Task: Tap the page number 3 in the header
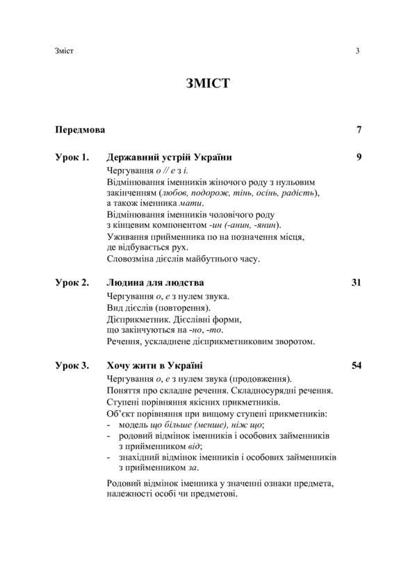357,51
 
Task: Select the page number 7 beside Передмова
358,129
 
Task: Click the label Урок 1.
72,156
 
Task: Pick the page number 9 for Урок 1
358,156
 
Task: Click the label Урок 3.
72,365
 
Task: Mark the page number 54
356,365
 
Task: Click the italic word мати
190,203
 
